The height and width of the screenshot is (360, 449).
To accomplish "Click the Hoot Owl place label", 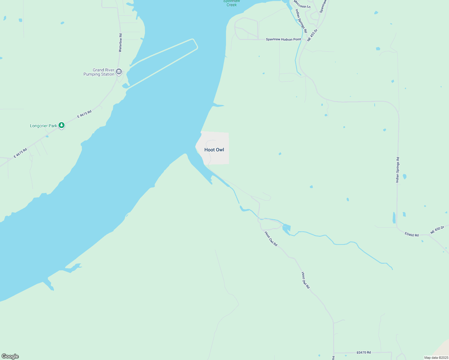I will click(x=214, y=150).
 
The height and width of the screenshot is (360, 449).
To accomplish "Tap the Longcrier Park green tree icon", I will click(x=62, y=125).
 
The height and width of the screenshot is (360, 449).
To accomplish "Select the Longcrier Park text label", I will click(x=44, y=126).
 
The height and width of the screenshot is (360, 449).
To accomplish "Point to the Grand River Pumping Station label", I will click(x=99, y=72).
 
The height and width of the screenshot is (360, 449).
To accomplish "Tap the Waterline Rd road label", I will click(x=120, y=43).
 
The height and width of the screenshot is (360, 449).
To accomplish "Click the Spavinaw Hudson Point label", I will click(x=283, y=39).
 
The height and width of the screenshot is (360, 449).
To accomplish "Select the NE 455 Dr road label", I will click(x=312, y=35).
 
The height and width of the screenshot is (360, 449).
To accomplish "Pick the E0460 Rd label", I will click(x=411, y=234).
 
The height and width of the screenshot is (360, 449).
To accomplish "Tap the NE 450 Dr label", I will click(x=437, y=230).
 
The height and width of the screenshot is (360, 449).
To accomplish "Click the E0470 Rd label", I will click(x=364, y=352).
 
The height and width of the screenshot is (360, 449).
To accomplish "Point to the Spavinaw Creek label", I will click(x=232, y=3).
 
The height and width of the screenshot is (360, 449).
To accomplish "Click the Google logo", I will click(x=10, y=356).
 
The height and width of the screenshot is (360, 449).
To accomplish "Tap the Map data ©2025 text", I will click(x=436, y=358).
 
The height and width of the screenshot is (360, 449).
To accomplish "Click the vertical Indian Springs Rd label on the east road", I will click(x=397, y=170).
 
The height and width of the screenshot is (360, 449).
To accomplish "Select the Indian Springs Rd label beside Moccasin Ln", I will click(x=301, y=21).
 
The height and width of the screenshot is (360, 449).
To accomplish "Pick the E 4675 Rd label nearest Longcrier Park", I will click(x=84, y=114).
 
